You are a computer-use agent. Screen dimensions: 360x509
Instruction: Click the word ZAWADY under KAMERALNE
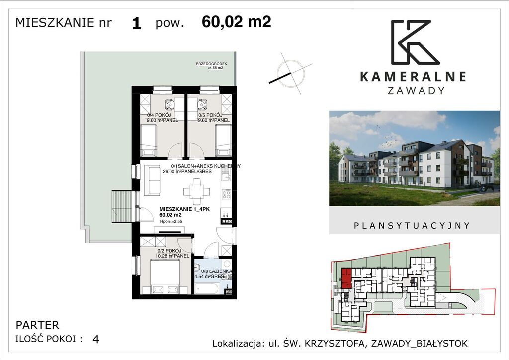tap(415, 90)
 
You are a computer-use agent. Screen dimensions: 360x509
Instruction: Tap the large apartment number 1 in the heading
tap(137, 24)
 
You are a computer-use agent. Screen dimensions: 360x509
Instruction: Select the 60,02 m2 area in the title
tap(237, 22)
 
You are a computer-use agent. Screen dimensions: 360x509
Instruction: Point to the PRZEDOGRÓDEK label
tap(211, 64)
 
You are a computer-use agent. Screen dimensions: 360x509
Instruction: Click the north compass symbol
tap(291, 73)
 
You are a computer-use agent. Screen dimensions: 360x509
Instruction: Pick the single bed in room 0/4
tap(149, 140)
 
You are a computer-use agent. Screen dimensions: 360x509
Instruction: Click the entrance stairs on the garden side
tap(123, 207)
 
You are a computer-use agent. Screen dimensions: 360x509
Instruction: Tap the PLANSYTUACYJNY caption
tap(412, 225)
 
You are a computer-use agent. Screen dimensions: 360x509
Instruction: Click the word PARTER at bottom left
tap(37, 325)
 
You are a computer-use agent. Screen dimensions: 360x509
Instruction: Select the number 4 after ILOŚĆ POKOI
tap(95, 339)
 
